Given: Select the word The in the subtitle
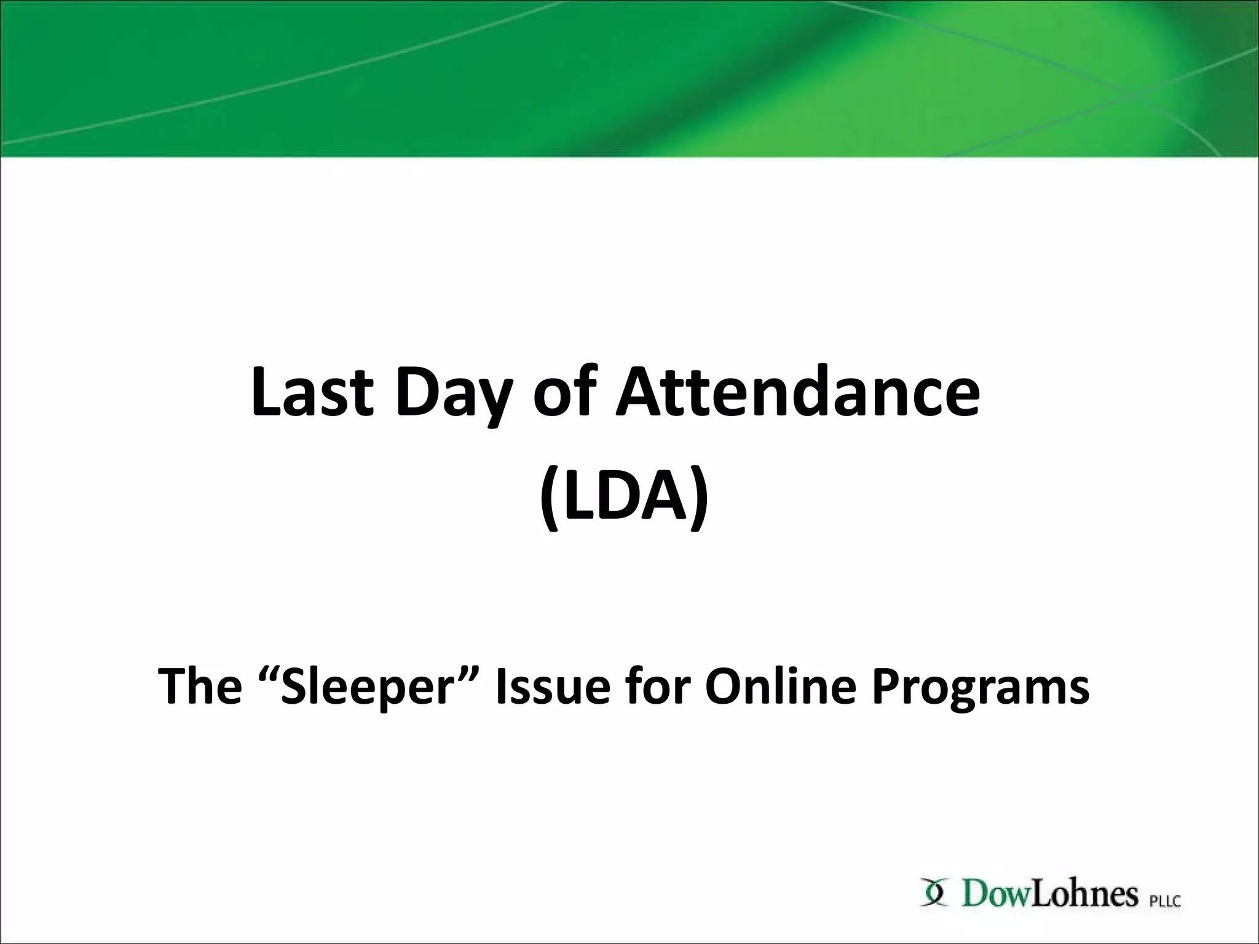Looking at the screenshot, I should point(200,686).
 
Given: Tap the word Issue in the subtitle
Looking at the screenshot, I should point(553,686).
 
